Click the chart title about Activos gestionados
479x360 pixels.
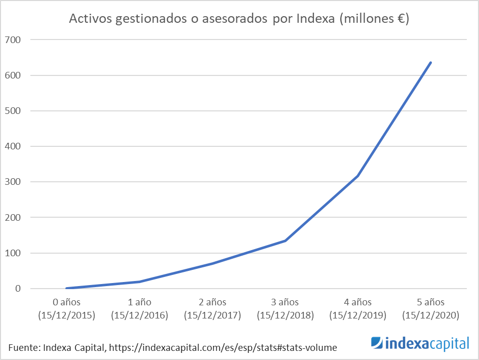[x=239, y=19]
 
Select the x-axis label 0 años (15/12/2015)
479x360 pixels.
[x=67, y=309]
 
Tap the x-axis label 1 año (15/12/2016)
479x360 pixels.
[x=140, y=309]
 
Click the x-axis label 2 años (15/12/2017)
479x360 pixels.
[x=213, y=309]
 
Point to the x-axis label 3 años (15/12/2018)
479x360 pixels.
[x=286, y=309]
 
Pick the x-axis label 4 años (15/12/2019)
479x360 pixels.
[x=358, y=309]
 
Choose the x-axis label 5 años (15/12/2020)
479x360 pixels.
[x=431, y=309]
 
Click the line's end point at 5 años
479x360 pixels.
[x=431, y=62]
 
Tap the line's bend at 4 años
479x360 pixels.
[x=358, y=176]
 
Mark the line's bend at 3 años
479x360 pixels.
[x=286, y=241]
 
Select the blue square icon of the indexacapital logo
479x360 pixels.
[x=377, y=344]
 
